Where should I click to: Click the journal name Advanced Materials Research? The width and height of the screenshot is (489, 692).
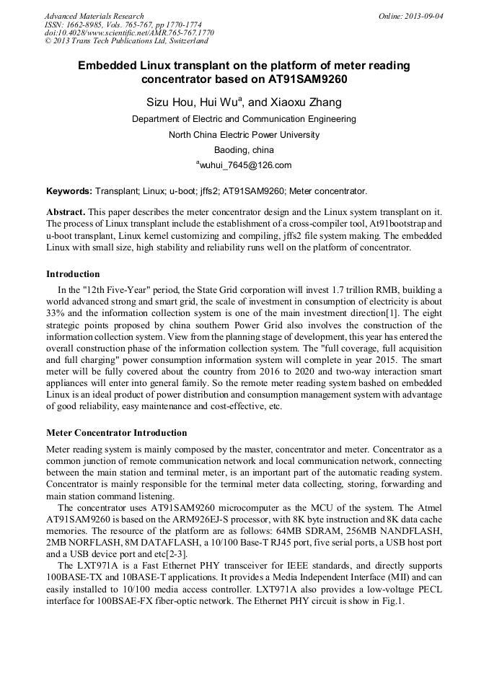click(94, 16)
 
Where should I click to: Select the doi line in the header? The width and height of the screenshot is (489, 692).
click(129, 32)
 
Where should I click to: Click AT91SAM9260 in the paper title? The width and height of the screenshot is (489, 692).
click(302, 79)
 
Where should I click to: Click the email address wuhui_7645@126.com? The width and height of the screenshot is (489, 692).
click(245, 165)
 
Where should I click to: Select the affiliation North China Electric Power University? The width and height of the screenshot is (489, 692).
click(244, 135)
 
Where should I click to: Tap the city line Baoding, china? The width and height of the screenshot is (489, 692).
click(244, 150)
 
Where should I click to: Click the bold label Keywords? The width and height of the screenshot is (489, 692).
click(69, 191)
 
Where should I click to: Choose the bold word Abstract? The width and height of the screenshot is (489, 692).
click(66, 212)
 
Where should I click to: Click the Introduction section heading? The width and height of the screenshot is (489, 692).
click(73, 274)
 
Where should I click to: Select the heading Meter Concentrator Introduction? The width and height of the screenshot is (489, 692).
click(116, 433)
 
